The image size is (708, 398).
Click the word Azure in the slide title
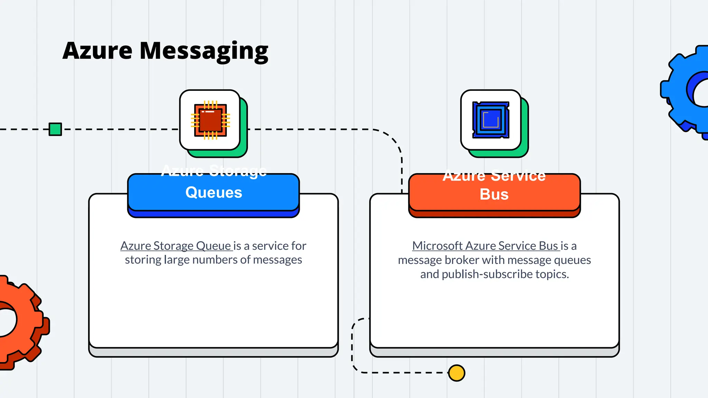97,51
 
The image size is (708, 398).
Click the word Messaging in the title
204,51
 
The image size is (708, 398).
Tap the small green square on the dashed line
55,129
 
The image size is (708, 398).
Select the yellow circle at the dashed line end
456,373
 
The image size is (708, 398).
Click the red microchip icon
210,120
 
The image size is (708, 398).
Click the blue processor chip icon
491,120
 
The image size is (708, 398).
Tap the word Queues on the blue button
214,192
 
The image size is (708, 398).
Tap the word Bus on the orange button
494,194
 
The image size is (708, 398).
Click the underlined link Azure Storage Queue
176,246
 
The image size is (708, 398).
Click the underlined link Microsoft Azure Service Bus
485,246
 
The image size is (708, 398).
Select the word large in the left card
177,260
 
